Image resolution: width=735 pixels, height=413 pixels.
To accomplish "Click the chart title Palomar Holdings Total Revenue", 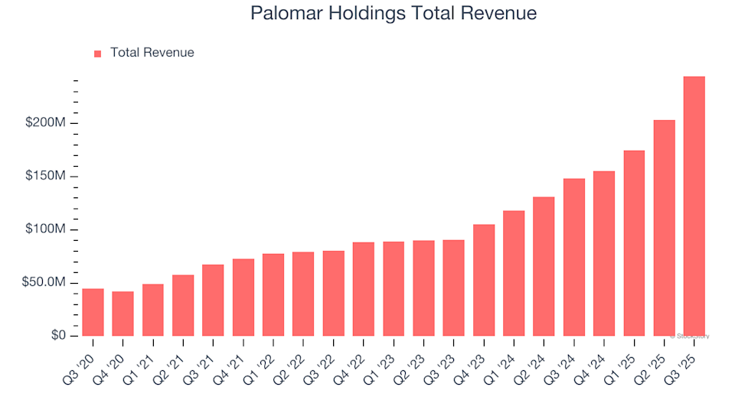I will coord(394,13).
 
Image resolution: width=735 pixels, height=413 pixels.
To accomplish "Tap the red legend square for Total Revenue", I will coord(97,54).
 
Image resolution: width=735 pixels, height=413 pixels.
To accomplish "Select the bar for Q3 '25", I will coord(694,206).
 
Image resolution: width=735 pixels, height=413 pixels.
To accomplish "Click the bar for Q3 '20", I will coord(93,312).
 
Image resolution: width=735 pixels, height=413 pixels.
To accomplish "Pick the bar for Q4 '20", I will coord(122,314).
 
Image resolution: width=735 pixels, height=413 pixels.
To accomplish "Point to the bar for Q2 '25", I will coord(664,228).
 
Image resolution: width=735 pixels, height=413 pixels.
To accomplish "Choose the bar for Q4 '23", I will coord(484,280).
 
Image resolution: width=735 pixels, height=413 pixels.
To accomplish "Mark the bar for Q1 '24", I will coord(514,273).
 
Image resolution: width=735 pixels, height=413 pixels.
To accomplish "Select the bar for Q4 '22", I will coord(364,289).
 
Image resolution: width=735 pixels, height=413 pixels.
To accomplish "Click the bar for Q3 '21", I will coord(213,300).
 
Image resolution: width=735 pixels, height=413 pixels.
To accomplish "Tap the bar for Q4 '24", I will coord(604,253).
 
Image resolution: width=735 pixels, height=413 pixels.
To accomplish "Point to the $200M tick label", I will coord(45,123).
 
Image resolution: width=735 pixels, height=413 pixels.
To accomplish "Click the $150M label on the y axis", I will coord(45,177).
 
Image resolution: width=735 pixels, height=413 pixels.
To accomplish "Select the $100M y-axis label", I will coord(45,229).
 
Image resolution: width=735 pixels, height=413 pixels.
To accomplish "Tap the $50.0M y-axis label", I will coord(44,283).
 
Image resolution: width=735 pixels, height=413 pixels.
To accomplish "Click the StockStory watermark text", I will coord(690,336).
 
